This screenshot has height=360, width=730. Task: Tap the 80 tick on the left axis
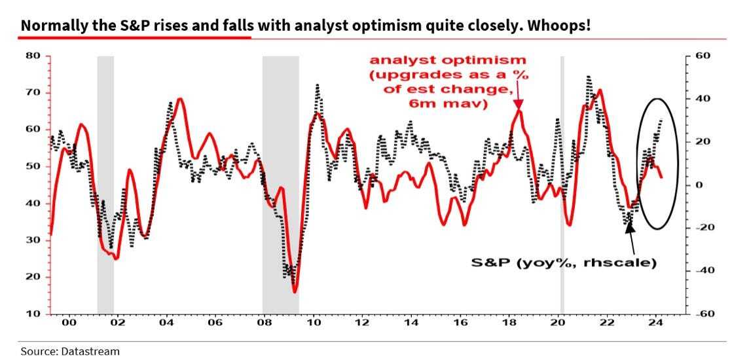tap(32, 56)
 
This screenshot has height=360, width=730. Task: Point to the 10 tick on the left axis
tap(32, 314)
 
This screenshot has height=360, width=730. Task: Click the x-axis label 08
tap(264, 322)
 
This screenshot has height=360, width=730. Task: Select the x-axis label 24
tap(655, 322)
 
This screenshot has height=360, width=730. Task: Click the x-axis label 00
tap(69, 322)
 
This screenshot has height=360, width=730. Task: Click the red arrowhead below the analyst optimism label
tap(518, 104)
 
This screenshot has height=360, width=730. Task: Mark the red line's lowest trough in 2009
tap(295, 291)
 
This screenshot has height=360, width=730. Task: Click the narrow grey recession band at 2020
tap(561, 183)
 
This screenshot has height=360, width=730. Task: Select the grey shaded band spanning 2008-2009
tap(280, 183)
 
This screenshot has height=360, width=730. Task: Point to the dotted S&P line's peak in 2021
tap(589, 77)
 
